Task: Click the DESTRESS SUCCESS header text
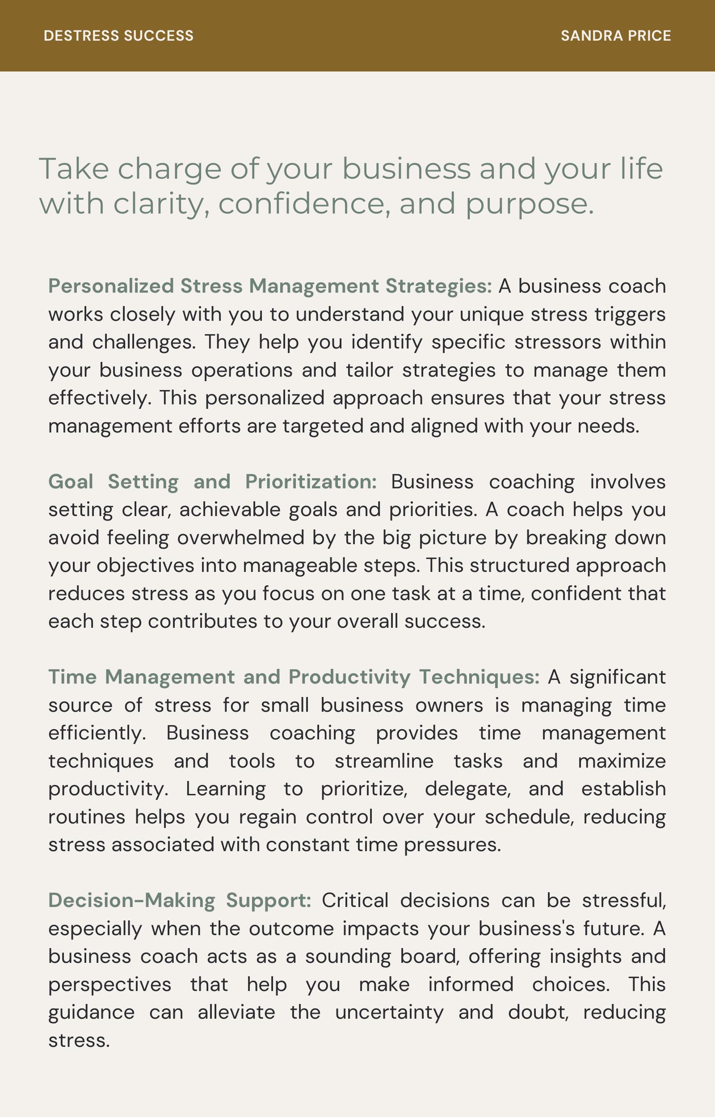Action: [118, 36]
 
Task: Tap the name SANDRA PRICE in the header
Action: [616, 36]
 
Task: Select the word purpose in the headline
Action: [529, 204]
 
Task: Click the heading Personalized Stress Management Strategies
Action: [270, 286]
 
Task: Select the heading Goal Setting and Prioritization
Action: [212, 482]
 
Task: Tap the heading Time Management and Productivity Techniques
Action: [294, 677]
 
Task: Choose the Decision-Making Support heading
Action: [180, 900]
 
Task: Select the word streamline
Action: [384, 761]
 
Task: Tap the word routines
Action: [87, 817]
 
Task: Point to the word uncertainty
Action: [389, 1012]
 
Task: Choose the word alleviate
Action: [236, 1012]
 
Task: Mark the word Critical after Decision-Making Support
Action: [355, 900]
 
